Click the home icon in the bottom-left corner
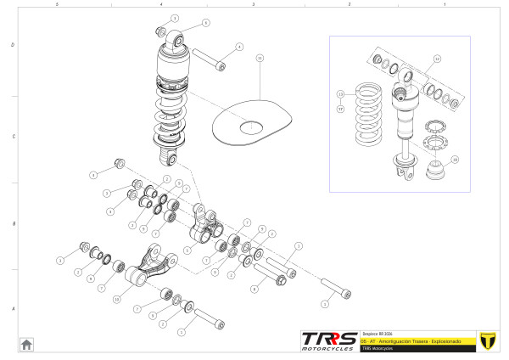tap(26, 343)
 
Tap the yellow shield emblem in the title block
tap(487, 340)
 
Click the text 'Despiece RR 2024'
tap(375, 333)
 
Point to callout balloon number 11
tap(260, 58)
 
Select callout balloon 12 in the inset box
tap(437, 59)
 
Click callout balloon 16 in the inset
tap(455, 159)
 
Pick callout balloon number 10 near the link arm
tap(117, 299)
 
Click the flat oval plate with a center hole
tap(250, 124)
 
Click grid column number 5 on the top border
tap(56, 4)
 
